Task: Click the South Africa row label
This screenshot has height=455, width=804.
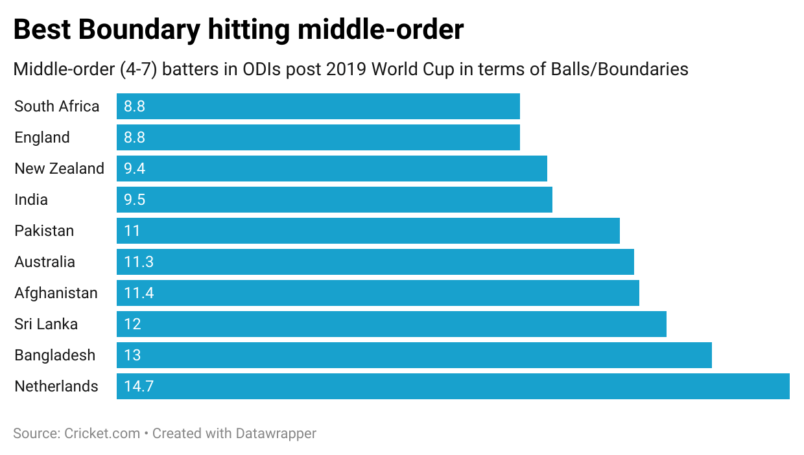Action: (x=57, y=106)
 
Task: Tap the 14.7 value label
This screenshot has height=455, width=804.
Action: (x=138, y=386)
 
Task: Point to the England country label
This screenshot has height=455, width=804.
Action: (x=42, y=137)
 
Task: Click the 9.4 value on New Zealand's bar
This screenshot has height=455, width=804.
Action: (x=134, y=169)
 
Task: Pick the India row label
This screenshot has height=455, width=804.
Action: (x=31, y=200)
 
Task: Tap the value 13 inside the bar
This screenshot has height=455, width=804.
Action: (x=132, y=355)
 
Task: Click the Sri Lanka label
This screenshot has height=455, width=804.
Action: (x=46, y=324)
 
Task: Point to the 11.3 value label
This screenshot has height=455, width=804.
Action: (x=138, y=262)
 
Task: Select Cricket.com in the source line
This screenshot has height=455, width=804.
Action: (x=102, y=433)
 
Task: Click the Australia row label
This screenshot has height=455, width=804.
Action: (x=45, y=262)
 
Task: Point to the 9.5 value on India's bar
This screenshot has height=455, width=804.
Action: (x=134, y=200)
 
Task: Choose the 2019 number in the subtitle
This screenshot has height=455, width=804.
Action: (x=347, y=69)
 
